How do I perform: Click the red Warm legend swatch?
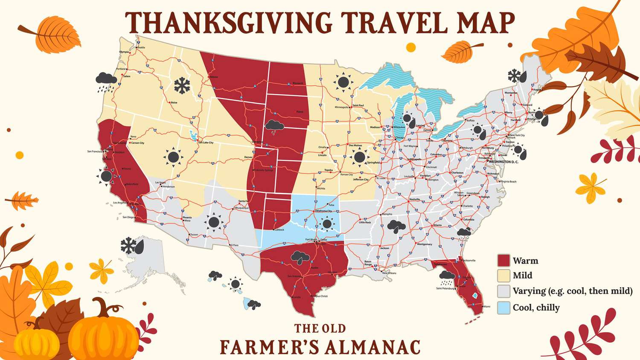coord(504,261)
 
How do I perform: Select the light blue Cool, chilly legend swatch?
coord(504,308)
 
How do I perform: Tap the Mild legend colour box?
coord(504,275)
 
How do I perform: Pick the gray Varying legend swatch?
coord(504,291)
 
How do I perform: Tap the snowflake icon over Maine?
coord(515,76)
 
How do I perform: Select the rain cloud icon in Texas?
coord(300,257)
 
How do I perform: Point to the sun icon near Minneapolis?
coord(343,82)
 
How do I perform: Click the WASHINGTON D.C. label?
coord(503,162)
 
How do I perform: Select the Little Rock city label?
coord(365,222)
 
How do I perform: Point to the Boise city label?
coord(174,103)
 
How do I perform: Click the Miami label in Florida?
coord(486,306)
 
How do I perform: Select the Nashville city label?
coord(414,199)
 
